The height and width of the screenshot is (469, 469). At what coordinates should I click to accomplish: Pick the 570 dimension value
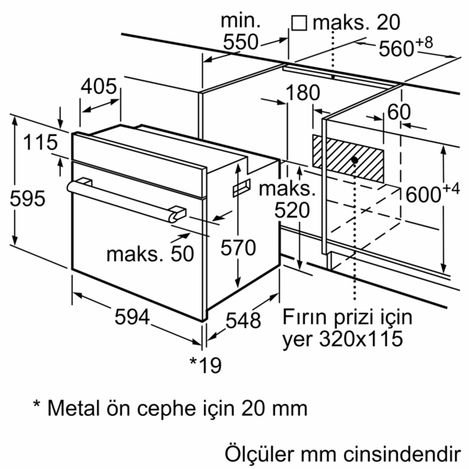tap(238, 248)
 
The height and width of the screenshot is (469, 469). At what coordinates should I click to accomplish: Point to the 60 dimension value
tap(398, 112)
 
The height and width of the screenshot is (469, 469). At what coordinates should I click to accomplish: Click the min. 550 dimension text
tap(238, 31)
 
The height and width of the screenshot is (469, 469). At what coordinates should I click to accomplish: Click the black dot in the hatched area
tap(355, 159)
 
